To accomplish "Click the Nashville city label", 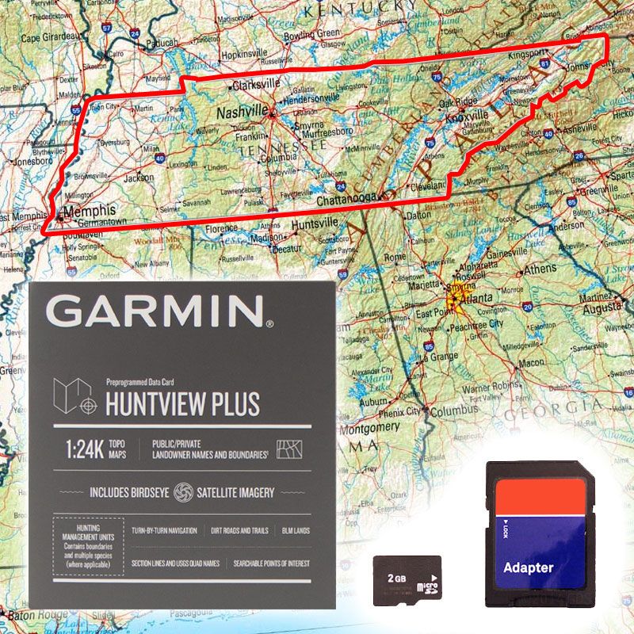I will [242, 113].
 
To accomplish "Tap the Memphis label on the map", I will [89, 211].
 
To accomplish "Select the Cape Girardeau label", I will [50, 37].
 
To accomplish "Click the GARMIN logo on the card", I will [158, 312].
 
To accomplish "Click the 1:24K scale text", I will [86, 449].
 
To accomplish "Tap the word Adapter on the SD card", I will [529, 567].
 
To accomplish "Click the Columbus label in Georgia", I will [453, 411].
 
